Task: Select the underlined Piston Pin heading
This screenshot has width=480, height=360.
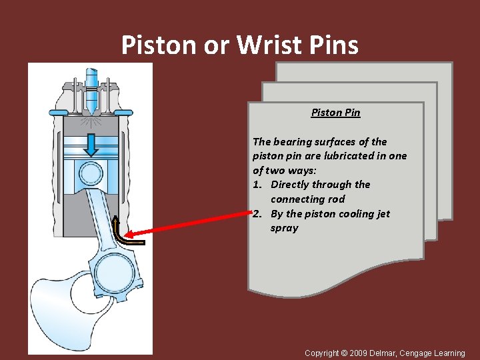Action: point(335,113)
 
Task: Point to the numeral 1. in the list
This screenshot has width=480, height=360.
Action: point(257,185)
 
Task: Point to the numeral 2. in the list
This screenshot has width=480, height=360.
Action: point(257,214)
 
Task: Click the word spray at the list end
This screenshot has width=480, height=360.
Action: point(285,228)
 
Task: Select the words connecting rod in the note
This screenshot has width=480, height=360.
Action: point(307,199)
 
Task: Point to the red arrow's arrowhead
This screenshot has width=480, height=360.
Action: point(130,234)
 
